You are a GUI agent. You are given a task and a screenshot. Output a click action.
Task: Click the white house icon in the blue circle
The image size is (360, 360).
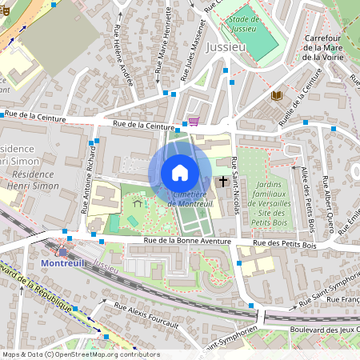click(x=180, y=173)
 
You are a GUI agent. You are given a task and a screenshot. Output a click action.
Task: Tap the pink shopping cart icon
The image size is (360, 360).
click(x=193, y=122)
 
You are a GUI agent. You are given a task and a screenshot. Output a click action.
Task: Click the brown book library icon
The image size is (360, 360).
click(x=276, y=95)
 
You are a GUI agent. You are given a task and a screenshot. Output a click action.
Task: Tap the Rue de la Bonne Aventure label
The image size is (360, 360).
click(x=187, y=241)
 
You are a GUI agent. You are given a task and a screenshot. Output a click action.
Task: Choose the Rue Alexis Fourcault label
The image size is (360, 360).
click(x=147, y=312)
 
